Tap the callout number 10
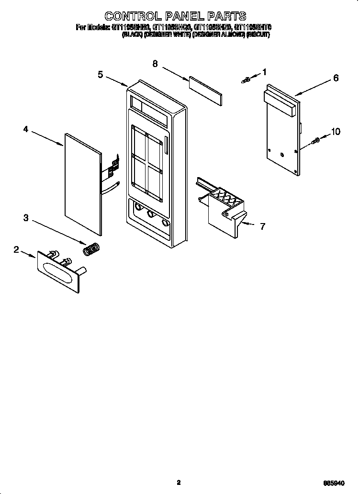pos(336,132)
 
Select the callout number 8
pos(155,64)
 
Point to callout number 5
pos(101,74)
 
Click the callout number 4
pos(26,129)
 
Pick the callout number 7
pos(262,226)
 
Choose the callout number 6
pos(336,78)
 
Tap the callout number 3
pos(26,218)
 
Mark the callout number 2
pos(16,249)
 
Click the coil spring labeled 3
pos(91,249)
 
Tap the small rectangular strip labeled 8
pos(206,89)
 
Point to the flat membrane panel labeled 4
pos(82,185)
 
